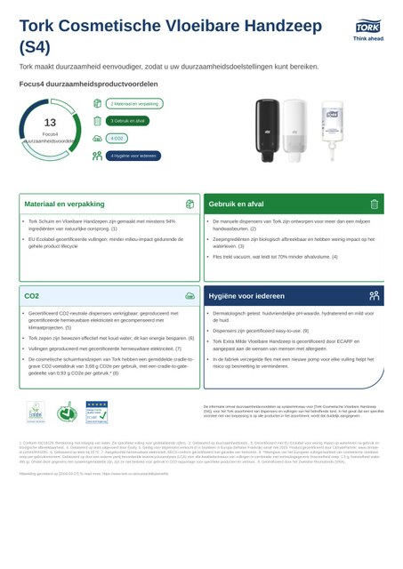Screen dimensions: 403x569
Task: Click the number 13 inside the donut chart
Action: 50,122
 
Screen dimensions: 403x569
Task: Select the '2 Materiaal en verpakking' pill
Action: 135,104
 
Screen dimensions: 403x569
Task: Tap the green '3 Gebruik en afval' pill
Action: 128,120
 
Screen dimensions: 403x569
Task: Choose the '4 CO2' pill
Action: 116,139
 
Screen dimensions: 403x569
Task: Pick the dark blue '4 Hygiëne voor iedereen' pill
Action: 133,156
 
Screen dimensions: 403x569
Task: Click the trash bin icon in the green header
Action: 375,204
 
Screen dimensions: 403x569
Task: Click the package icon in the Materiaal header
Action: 189,204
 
